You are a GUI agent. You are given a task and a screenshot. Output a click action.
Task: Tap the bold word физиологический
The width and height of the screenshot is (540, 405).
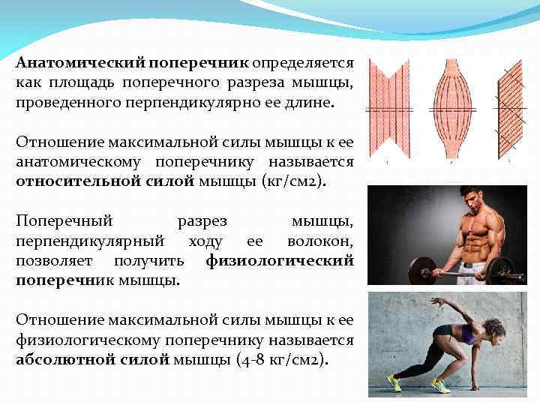[279, 260]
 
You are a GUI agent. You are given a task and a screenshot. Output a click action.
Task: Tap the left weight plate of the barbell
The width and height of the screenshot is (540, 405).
[421, 271]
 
